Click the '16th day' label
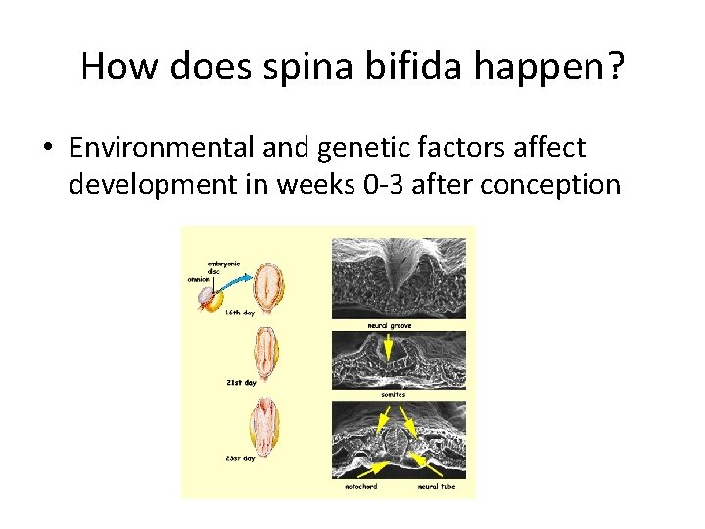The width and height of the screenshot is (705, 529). [242, 313]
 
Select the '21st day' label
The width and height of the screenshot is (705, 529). [241, 383]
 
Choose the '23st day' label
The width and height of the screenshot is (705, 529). [241, 457]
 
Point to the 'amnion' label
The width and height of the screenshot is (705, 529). [199, 279]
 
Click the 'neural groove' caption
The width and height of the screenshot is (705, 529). [389, 325]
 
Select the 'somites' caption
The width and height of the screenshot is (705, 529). [394, 394]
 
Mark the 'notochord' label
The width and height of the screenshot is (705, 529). [360, 486]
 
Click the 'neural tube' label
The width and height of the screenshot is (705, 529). [436, 486]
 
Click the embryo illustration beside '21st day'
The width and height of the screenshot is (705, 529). [264, 350]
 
